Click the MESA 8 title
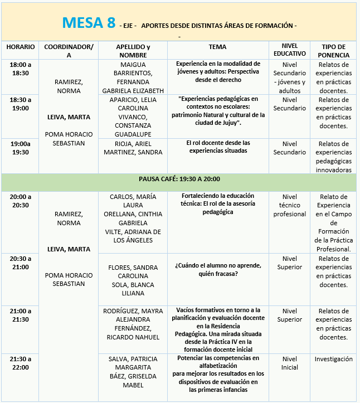(89, 23)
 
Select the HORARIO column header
(21, 47)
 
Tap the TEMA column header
(217, 47)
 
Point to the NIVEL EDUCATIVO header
(290, 51)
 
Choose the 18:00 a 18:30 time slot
(21, 69)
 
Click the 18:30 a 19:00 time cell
(21, 104)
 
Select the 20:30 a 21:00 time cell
(21, 263)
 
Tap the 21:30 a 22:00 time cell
(21, 363)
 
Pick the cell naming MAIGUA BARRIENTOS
(133, 77)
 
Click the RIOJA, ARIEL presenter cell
(133, 148)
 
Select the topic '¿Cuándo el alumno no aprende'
(217, 269)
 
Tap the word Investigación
(333, 359)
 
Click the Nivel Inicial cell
(290, 363)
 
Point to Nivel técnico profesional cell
(290, 205)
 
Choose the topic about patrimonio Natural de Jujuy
(217, 111)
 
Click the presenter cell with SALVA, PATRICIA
(133, 371)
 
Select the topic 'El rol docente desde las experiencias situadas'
(217, 147)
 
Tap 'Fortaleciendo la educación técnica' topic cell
(217, 204)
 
